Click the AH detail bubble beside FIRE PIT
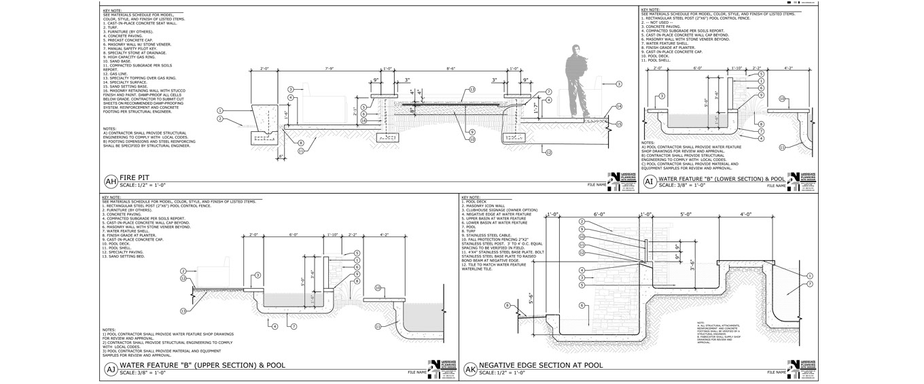click(111, 181)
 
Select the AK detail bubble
click(470, 370)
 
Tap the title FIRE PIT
click(135, 177)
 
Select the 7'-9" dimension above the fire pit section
click(330, 69)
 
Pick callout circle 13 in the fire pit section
click(472, 89)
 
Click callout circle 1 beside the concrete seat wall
click(220, 110)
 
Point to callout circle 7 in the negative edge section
click(808, 283)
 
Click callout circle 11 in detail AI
click(782, 147)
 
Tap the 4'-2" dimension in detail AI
click(789, 69)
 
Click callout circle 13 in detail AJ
click(183, 311)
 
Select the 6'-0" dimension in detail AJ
click(294, 234)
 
